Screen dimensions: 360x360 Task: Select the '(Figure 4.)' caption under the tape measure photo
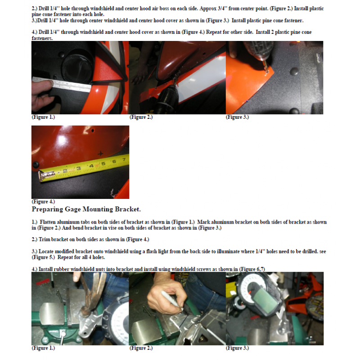pyautogui.click(x=43, y=202)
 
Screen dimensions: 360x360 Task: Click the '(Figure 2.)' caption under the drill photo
pyautogui.click(x=141, y=117)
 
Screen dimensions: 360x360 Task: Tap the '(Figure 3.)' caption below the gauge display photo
pyautogui.click(x=237, y=348)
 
